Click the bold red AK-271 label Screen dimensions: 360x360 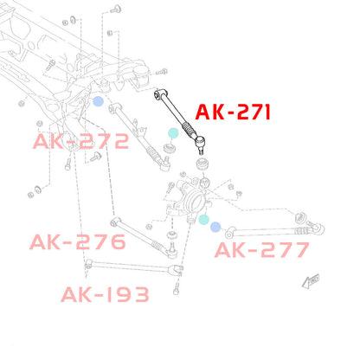tap(233, 112)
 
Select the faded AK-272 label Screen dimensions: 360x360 tap(80, 141)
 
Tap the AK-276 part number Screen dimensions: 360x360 tap(78, 241)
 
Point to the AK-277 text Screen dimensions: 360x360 tap(262, 250)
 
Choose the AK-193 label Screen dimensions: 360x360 tap(105, 294)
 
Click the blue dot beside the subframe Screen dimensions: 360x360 tap(98, 101)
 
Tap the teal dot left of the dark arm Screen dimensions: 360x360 tap(173, 133)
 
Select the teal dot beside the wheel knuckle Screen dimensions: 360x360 tap(204, 220)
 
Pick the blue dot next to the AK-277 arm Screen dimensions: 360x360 tap(215, 228)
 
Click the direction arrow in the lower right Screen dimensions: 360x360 tap(311, 281)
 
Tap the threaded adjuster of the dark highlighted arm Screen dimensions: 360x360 tap(189, 130)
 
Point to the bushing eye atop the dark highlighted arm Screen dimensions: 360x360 tap(159, 93)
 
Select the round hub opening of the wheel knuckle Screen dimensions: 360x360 tap(193, 202)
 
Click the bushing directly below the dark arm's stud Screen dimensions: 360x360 tap(203, 164)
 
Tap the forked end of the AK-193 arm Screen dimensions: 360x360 tap(177, 269)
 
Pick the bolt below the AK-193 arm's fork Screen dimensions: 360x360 tap(177, 289)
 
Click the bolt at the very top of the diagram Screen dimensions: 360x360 tap(116, 9)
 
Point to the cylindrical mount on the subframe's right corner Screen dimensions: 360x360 tap(142, 76)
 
